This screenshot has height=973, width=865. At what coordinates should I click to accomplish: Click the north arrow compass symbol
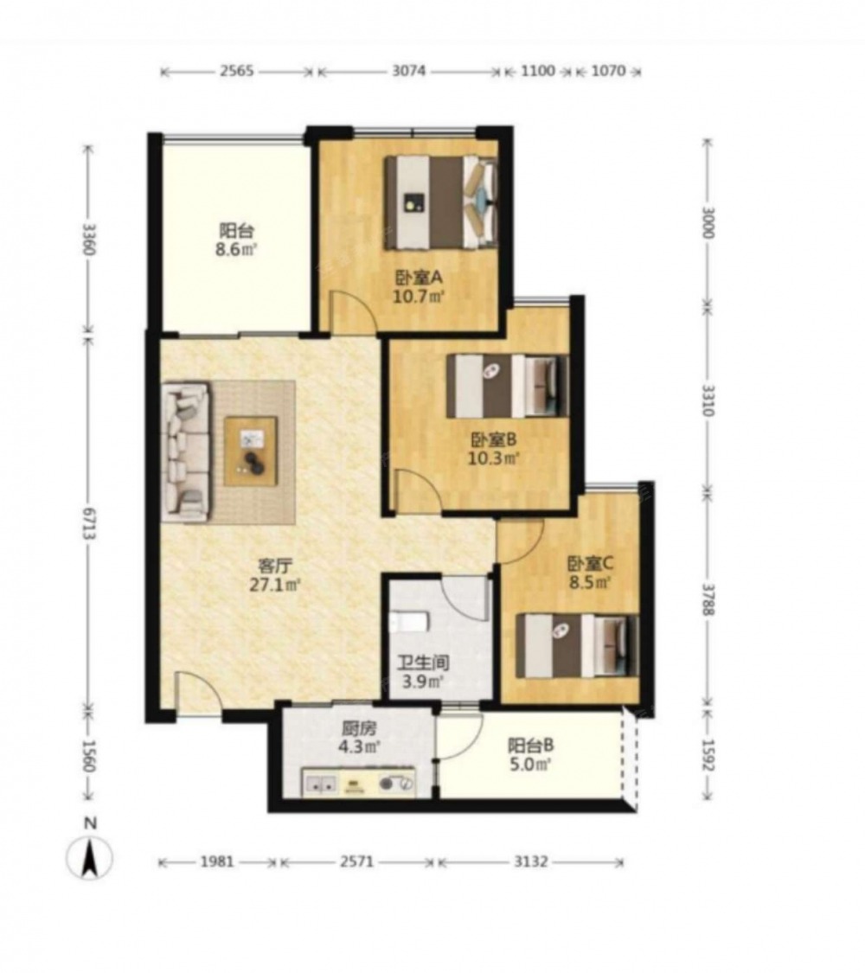(90, 858)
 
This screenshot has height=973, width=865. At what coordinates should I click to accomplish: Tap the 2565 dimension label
(236, 71)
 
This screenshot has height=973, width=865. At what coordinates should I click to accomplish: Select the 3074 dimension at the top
(409, 71)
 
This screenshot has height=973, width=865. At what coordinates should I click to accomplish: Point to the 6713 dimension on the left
(87, 522)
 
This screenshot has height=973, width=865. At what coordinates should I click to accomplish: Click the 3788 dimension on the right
(708, 599)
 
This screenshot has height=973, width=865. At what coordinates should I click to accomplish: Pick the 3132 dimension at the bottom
(531, 861)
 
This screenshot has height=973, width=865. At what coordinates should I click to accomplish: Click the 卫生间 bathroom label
(423, 663)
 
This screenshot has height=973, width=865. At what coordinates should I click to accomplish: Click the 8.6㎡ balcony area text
(236, 251)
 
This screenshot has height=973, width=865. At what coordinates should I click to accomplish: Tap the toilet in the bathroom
(409, 621)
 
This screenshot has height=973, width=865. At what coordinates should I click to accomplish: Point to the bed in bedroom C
(577, 645)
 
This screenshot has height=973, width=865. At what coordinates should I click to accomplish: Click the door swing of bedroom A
(352, 310)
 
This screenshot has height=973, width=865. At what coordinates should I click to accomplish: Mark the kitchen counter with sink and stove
(359, 783)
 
